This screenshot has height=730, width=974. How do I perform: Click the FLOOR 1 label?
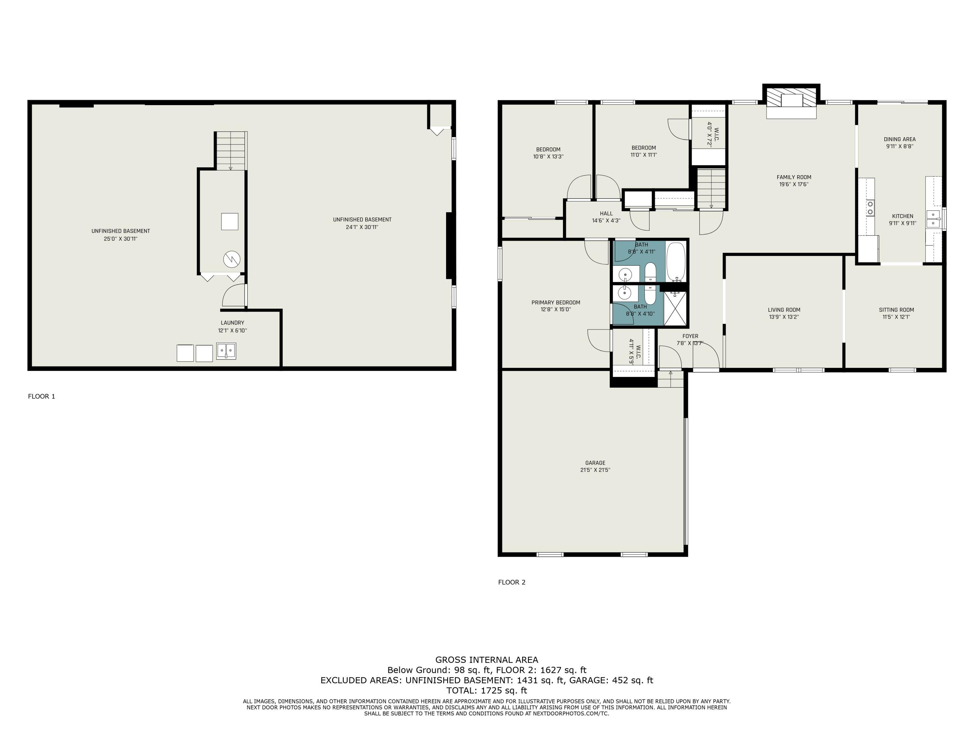pos(41,396)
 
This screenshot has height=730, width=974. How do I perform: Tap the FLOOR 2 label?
pos(512,582)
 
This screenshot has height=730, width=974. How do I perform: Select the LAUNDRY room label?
pos(232,322)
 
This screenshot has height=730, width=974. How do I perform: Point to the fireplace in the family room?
pos(791,103)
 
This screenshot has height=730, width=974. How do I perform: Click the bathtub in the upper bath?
pos(676,262)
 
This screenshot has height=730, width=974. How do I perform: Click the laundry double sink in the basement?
pos(226,351)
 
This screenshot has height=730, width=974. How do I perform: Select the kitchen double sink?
pos(933,219)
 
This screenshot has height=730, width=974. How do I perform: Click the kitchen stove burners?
pos(870,208)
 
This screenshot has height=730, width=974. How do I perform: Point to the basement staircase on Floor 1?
pos(231,151)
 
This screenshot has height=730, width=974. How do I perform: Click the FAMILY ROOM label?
pos(793,177)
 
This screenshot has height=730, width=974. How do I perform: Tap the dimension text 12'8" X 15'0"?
pos(556,309)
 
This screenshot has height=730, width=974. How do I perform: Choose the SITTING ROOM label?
pos(896,310)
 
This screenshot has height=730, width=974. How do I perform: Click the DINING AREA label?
pos(900,139)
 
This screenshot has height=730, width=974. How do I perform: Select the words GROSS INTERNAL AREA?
pos(487,660)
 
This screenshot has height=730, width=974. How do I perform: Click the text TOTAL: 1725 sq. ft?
pos(487,690)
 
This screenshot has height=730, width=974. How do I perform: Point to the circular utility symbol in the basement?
pos(231,259)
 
